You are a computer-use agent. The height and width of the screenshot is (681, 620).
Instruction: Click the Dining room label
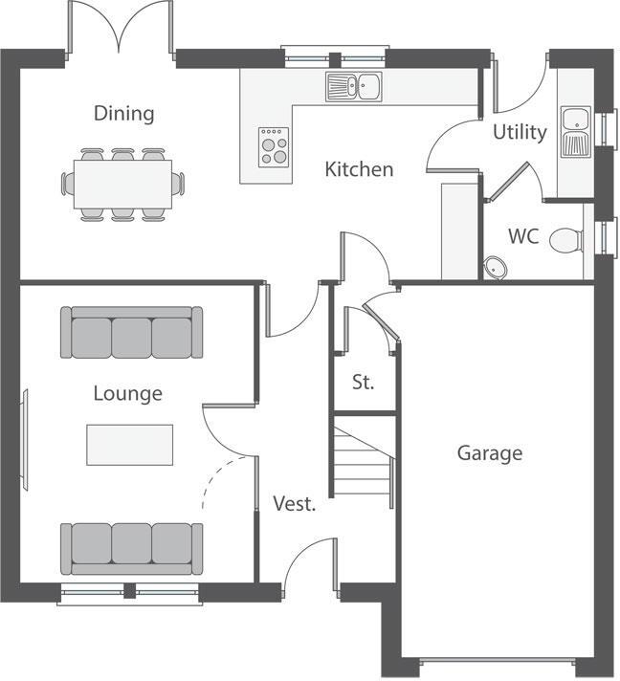point(123,114)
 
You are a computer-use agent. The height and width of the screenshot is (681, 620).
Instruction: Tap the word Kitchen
point(359,170)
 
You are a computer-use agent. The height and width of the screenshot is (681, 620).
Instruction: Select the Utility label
point(520,132)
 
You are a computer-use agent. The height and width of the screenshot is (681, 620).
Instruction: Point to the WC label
point(522,236)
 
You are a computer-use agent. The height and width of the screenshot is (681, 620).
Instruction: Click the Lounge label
point(127,393)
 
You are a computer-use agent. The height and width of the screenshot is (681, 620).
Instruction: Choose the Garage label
point(489,452)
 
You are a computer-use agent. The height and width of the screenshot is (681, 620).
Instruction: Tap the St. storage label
point(363,383)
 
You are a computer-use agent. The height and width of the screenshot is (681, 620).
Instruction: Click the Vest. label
point(294,504)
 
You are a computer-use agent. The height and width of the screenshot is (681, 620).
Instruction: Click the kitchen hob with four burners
point(273,146)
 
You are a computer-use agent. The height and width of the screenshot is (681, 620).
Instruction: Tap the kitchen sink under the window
point(353,88)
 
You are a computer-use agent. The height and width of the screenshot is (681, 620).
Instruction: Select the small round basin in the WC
point(495,266)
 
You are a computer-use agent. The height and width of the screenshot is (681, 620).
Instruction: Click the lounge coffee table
point(130,445)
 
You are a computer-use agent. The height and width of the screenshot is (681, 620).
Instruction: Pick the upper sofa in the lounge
point(131,333)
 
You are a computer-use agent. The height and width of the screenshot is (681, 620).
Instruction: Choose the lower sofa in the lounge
point(131,547)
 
